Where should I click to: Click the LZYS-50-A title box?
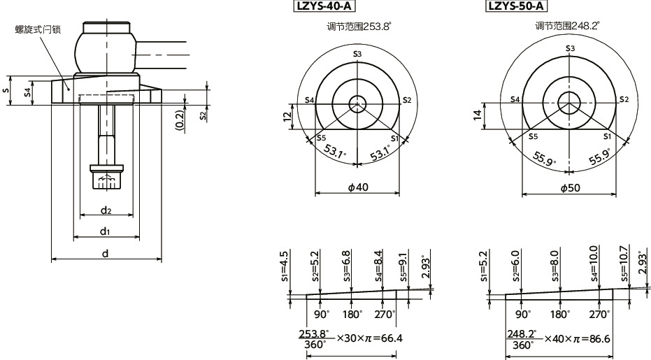click(516, 6)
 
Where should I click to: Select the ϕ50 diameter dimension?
click(571, 187)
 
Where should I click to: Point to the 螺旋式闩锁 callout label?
click(39, 29)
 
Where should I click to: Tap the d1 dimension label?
click(105, 231)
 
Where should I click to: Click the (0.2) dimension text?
click(180, 120)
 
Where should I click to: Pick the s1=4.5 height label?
click(284, 265)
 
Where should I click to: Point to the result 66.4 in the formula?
click(391, 338)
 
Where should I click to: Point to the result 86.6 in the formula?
click(599, 338)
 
